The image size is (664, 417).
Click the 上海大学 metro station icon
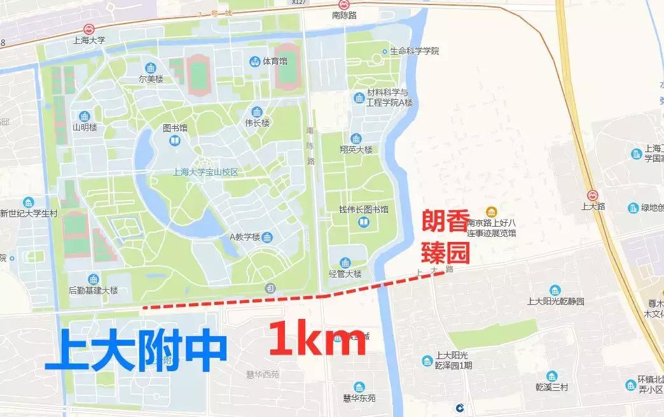coord(89,29)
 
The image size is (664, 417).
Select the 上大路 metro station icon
coord(592,195)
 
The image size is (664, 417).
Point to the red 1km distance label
coord(317,340)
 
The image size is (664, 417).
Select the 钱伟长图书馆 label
coord(363,209)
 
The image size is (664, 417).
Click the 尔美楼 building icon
coord(151,68)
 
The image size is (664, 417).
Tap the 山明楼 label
coord(85,127)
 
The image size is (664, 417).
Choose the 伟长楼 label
coord(257,122)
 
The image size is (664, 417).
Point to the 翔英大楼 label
coord(356,150)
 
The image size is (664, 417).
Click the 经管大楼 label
coord(345,274)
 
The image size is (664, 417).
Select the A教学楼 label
coord(245,237)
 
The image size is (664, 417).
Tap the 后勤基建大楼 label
coord(93,290)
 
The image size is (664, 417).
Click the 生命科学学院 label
coord(414,51)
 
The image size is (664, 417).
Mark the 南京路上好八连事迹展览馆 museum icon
coord(490,212)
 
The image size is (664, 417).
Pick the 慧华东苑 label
coord(359,399)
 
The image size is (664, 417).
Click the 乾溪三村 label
coord(550,386)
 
